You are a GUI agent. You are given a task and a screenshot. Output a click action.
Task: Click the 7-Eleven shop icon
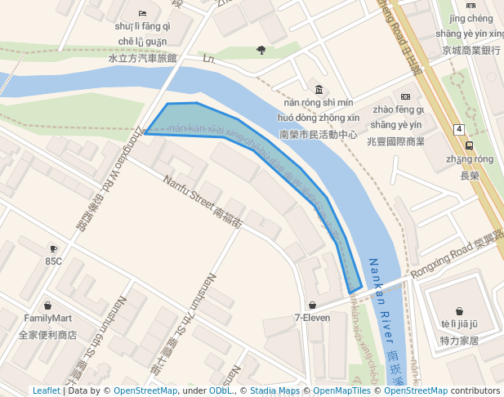[313, 305]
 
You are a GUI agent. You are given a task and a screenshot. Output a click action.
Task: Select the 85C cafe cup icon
[53, 248]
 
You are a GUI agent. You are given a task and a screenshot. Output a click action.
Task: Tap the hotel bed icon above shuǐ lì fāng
[142, 13]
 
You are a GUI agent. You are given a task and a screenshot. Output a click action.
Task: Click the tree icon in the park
[261, 50]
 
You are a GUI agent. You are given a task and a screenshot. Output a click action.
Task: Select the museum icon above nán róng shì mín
[318, 89]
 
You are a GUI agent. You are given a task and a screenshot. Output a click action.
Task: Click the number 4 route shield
[460, 129]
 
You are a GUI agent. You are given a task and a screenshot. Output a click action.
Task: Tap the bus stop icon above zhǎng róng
[469, 145]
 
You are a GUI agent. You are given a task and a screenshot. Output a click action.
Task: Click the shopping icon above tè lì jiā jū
[459, 310]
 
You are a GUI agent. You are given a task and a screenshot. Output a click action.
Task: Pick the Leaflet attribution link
[46, 391]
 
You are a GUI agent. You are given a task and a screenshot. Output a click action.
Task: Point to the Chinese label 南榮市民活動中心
[318, 134]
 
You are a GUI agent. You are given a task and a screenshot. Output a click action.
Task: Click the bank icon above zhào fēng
[405, 96]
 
